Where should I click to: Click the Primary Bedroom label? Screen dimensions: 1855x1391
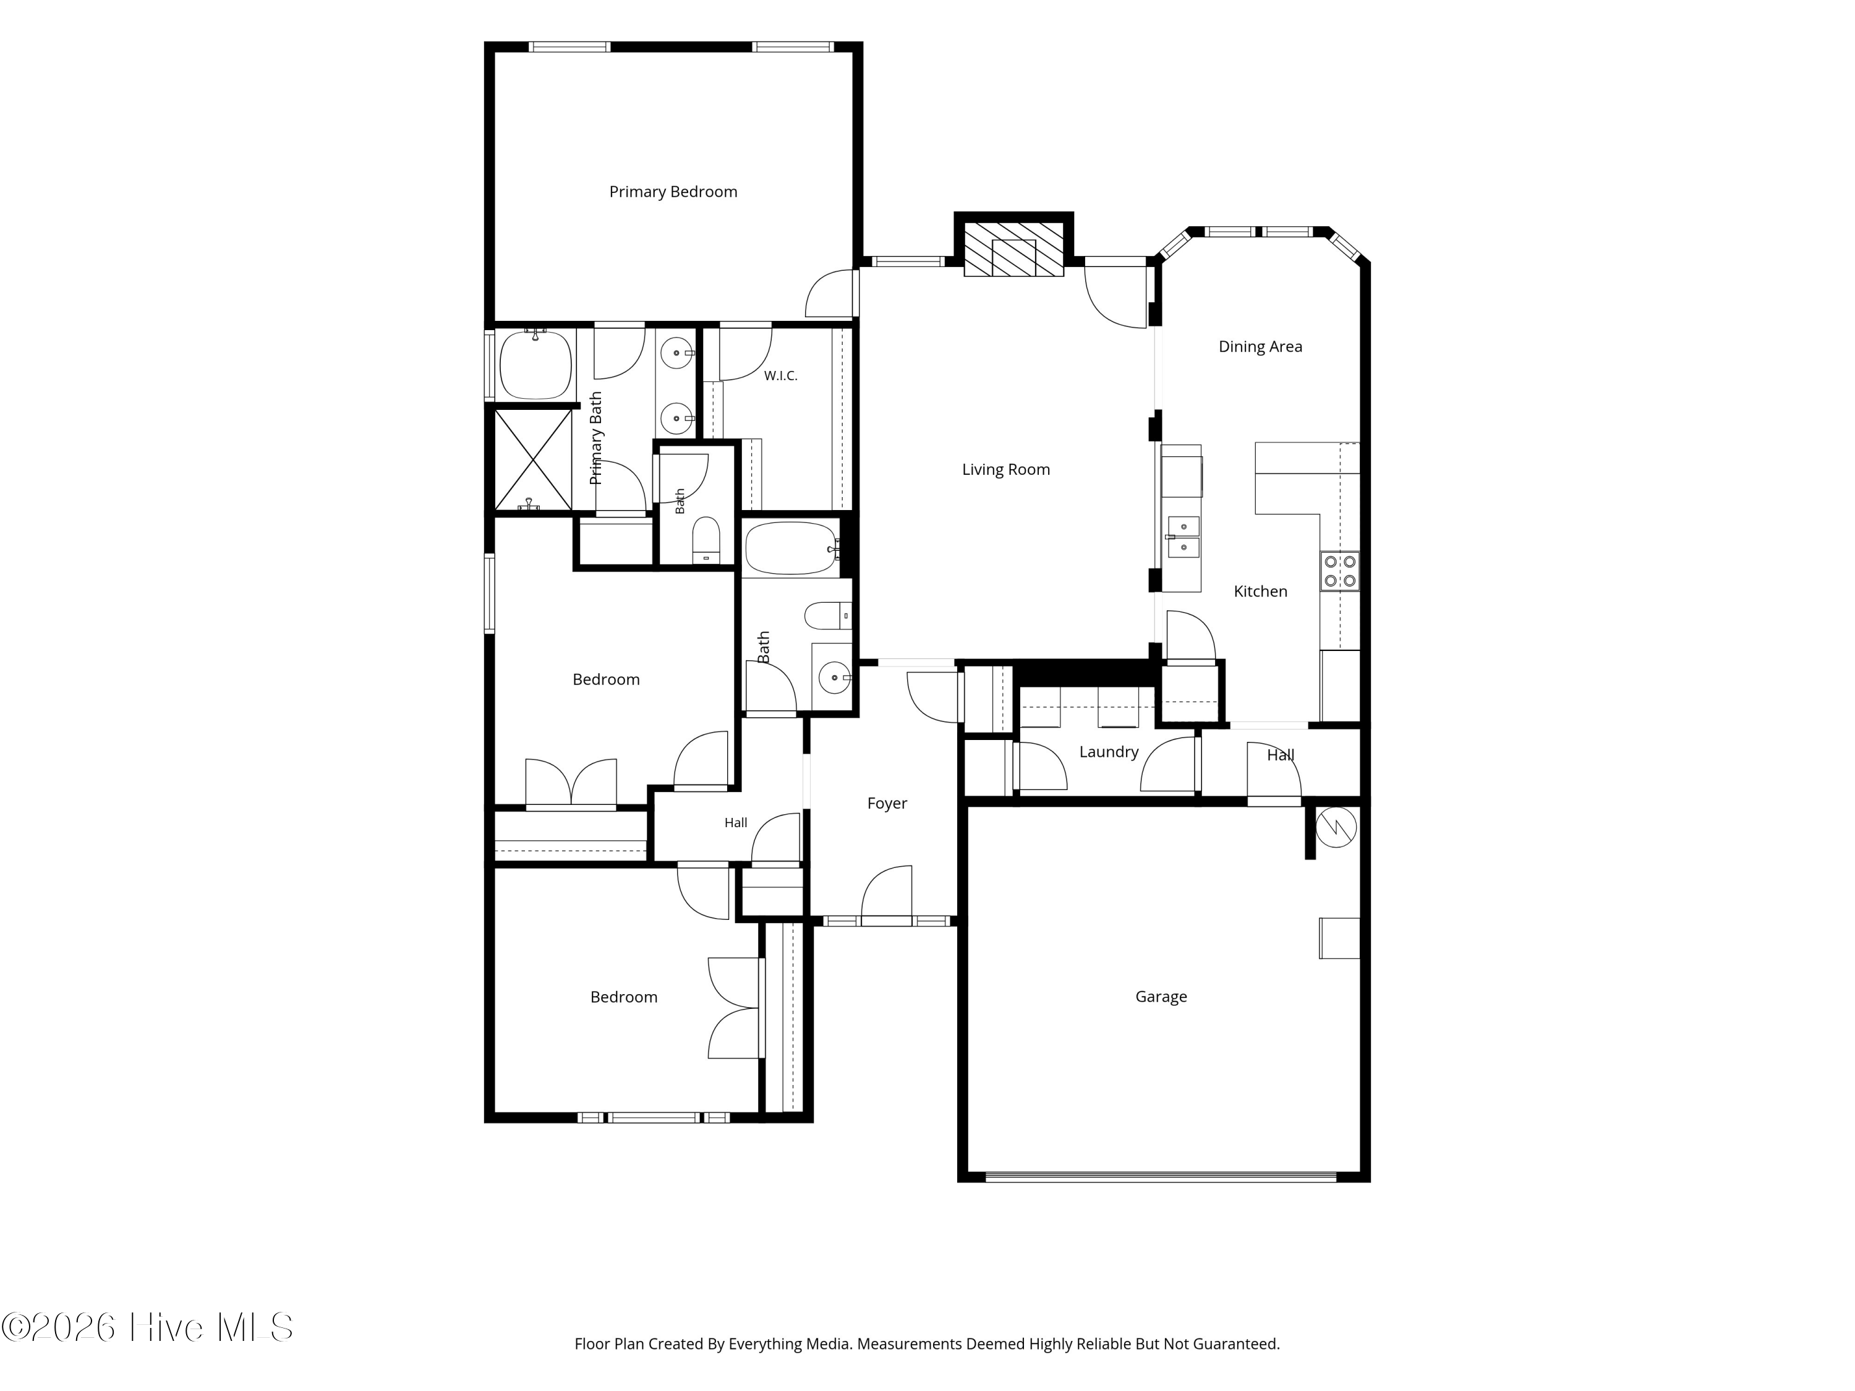pyautogui.click(x=673, y=192)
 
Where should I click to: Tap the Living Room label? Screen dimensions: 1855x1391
pyautogui.click(x=1005, y=469)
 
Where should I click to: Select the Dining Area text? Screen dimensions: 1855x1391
pyautogui.click(x=1260, y=346)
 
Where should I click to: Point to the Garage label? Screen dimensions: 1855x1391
pyautogui.click(x=1161, y=997)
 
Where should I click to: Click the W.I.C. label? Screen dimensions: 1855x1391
pyautogui.click(x=780, y=376)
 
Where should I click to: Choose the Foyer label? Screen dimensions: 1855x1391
pyautogui.click(x=887, y=803)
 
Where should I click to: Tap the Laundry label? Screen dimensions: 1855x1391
pyautogui.click(x=1109, y=752)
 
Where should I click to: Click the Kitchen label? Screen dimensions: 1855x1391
pyautogui.click(x=1260, y=591)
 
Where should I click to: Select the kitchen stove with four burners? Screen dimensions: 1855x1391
pyautogui.click(x=1339, y=571)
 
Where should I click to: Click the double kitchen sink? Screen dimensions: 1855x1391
pyautogui.click(x=1183, y=537)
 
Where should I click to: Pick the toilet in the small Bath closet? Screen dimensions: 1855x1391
pyautogui.click(x=706, y=540)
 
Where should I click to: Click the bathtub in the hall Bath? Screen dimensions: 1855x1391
pyautogui.click(x=791, y=549)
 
